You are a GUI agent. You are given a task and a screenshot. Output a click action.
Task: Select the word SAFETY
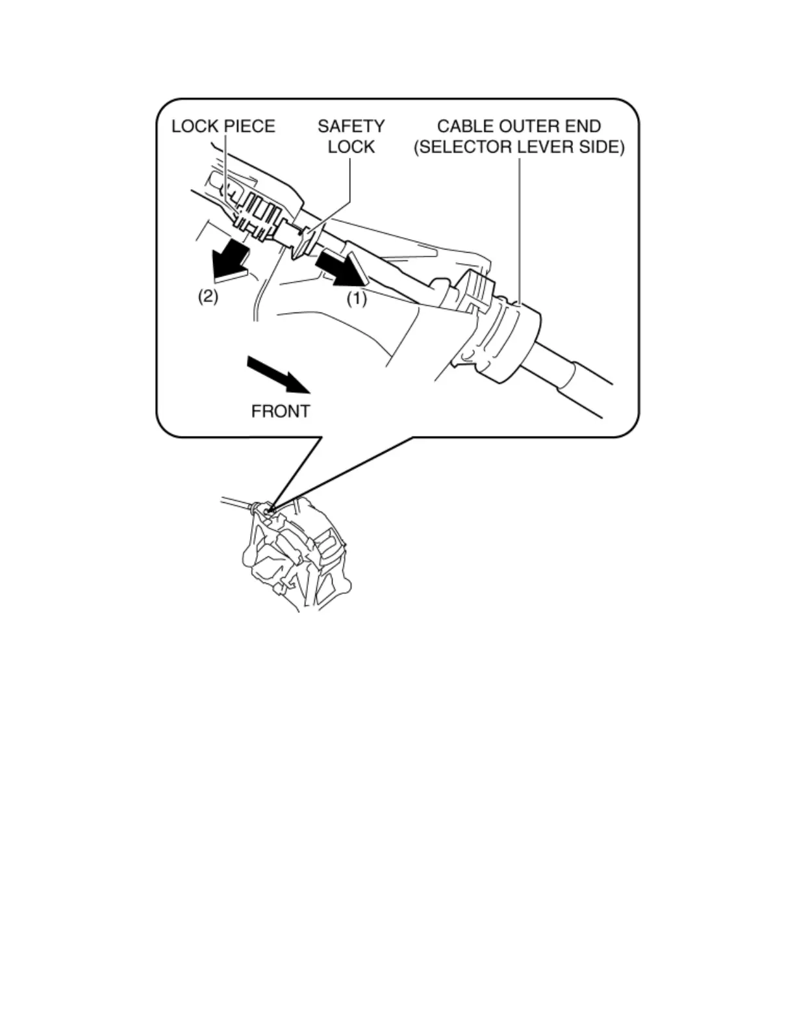351,126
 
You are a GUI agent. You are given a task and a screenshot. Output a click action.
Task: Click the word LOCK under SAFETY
351,147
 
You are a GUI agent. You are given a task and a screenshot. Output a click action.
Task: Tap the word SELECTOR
465,147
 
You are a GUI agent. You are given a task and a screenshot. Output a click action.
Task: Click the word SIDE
599,147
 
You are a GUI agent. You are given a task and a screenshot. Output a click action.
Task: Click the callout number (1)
356,299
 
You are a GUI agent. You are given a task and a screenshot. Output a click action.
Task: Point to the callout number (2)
208,297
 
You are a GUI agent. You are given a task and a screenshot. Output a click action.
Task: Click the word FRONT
281,411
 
